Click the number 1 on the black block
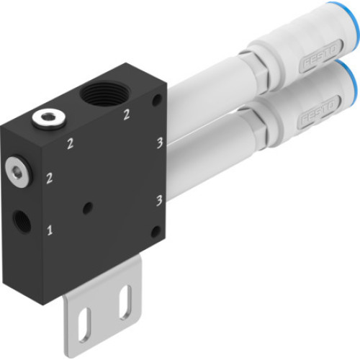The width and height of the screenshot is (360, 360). click(50, 231)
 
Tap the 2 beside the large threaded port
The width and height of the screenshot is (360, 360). click(126, 114)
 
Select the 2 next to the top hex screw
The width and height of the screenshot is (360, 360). click(70, 144)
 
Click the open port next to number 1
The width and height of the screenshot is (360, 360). click(22, 220)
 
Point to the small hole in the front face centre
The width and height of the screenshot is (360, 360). click(88, 208)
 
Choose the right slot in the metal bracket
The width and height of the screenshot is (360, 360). click(125, 300)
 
